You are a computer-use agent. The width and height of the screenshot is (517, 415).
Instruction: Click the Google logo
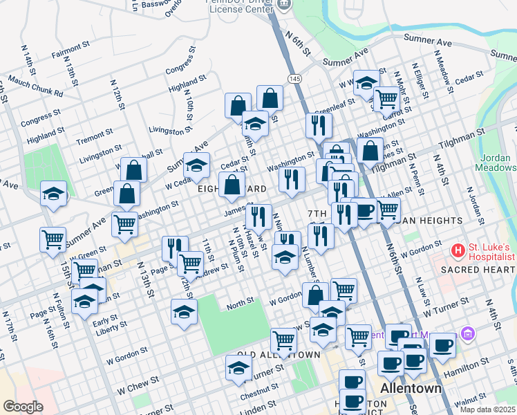pos(23,406)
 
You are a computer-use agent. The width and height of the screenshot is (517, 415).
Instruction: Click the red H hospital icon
pos(457,249)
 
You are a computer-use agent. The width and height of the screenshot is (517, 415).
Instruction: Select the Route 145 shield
pos(295,80)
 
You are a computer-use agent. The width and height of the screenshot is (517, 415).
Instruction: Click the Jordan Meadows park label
pos(495,162)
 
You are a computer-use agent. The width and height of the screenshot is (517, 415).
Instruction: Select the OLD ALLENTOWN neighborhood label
pos(279,355)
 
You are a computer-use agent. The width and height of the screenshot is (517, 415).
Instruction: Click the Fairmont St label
pos(66,50)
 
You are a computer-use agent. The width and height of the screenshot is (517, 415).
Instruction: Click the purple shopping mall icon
pos(468,334)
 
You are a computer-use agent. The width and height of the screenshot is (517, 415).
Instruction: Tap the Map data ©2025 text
pos(487,409)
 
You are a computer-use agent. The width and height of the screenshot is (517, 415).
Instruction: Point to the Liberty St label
pos(112,331)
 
